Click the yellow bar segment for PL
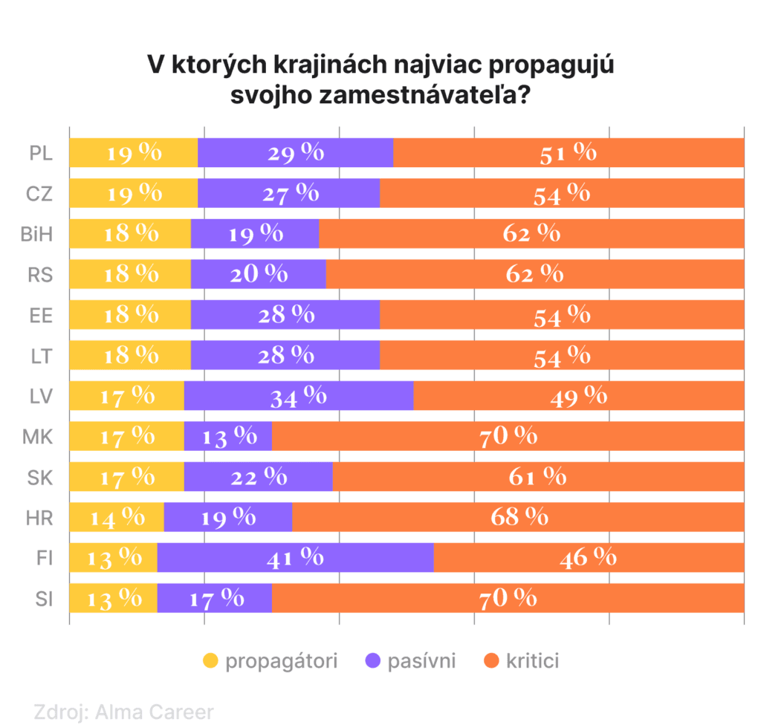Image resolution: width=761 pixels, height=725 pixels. tap(134, 153)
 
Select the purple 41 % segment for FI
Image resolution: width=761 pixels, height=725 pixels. tap(295, 557)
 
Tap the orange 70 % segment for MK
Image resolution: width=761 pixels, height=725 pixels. tap(508, 436)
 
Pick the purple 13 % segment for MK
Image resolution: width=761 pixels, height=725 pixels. tap(227, 436)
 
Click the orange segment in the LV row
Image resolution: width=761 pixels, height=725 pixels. tap(579, 395)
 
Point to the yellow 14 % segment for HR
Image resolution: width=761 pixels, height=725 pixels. tap(117, 517)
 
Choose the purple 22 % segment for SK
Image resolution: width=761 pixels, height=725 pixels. tap(258, 476)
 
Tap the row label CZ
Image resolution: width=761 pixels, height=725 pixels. tap(39, 194)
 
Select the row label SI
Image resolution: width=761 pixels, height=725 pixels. tap(43, 598)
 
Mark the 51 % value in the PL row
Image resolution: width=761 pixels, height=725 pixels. tap(569, 153)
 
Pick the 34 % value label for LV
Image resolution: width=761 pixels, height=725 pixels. tap(298, 395)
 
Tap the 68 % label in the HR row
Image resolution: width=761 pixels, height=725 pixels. tap(519, 517)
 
